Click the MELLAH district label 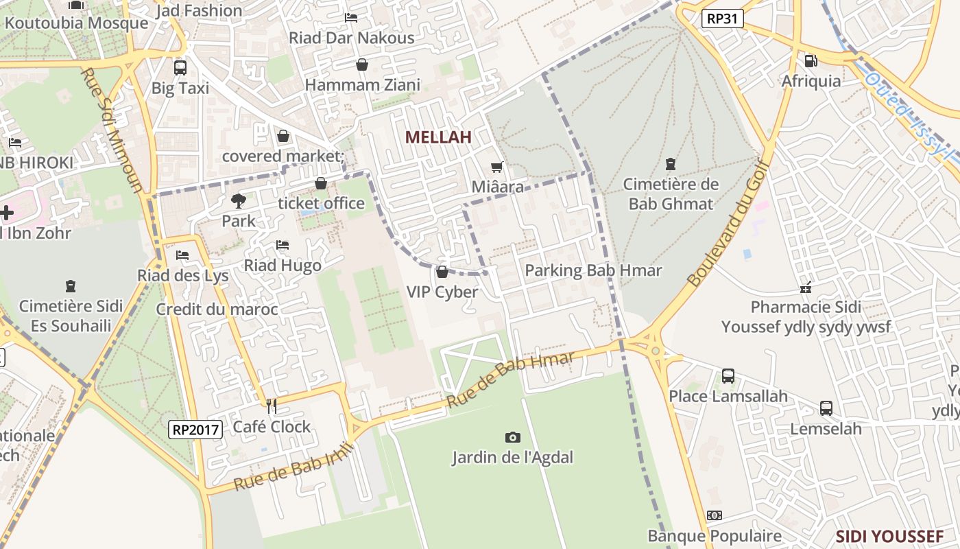[438, 137]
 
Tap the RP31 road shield [723, 19]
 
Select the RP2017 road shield [196, 430]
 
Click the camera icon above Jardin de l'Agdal [512, 437]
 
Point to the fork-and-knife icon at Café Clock [272, 406]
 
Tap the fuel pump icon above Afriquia [811, 61]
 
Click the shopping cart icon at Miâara [497, 167]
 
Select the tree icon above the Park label [238, 201]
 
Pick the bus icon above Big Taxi [180, 68]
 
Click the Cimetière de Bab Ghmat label [671, 194]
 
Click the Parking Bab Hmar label [593, 270]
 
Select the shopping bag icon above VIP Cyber [442, 272]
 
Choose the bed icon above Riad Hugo [282, 245]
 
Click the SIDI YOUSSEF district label [889, 536]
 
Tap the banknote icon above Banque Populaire [715, 515]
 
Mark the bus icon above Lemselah [826, 408]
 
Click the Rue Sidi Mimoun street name [113, 130]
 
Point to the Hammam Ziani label [362, 85]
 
